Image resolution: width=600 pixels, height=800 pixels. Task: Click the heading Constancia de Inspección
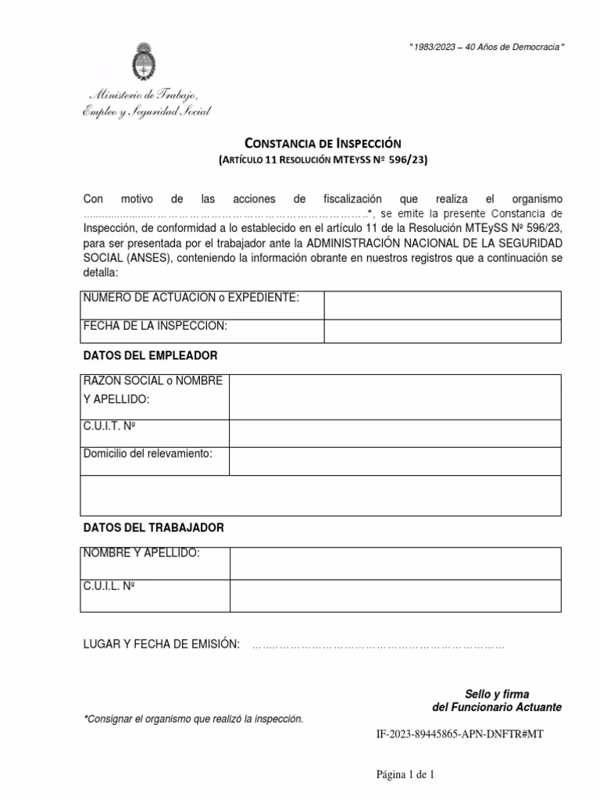tap(323, 143)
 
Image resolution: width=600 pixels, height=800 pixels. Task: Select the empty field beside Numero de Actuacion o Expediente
tap(442, 305)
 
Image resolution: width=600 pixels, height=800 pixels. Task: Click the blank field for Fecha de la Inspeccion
tap(442, 331)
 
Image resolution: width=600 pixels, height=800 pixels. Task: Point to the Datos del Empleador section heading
tap(150, 355)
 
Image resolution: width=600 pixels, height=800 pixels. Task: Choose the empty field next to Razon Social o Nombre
tap(395, 397)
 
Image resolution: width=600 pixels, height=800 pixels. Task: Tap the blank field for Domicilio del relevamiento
tap(395, 460)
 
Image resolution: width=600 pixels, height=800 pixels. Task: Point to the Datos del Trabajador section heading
tap(153, 528)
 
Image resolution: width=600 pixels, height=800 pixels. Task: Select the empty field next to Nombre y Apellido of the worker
tap(395, 562)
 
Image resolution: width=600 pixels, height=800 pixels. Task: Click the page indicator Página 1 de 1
tap(405, 775)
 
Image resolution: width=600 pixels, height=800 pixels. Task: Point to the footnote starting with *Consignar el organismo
tap(193, 719)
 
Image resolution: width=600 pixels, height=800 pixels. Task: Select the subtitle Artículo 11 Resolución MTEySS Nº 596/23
tap(323, 160)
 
